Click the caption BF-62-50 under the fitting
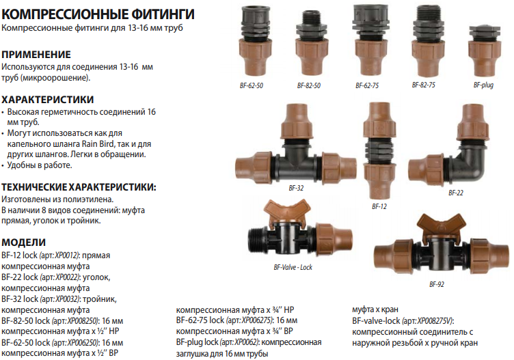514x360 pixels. pyautogui.click(x=252, y=86)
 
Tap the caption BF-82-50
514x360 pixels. pyautogui.click(x=309, y=86)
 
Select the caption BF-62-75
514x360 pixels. pyautogui.click(x=367, y=86)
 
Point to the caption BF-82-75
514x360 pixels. pyautogui.click(x=424, y=85)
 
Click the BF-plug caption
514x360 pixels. pyautogui.click(x=483, y=85)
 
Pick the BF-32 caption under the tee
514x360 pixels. pyautogui.click(x=296, y=188)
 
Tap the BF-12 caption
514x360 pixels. pyautogui.click(x=379, y=207)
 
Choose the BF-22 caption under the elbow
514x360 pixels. pyautogui.click(x=456, y=193)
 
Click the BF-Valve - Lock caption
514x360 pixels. pyautogui.click(x=293, y=267)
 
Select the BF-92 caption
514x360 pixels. pyautogui.click(x=437, y=284)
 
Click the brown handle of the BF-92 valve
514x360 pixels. pyautogui.click(x=436, y=226)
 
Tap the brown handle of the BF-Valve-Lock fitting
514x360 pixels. pyautogui.click(x=287, y=210)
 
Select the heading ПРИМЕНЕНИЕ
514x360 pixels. pyautogui.click(x=36, y=55)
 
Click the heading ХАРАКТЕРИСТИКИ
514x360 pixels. pyautogui.click(x=48, y=99)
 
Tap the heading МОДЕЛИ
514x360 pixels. pyautogui.click(x=24, y=243)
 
